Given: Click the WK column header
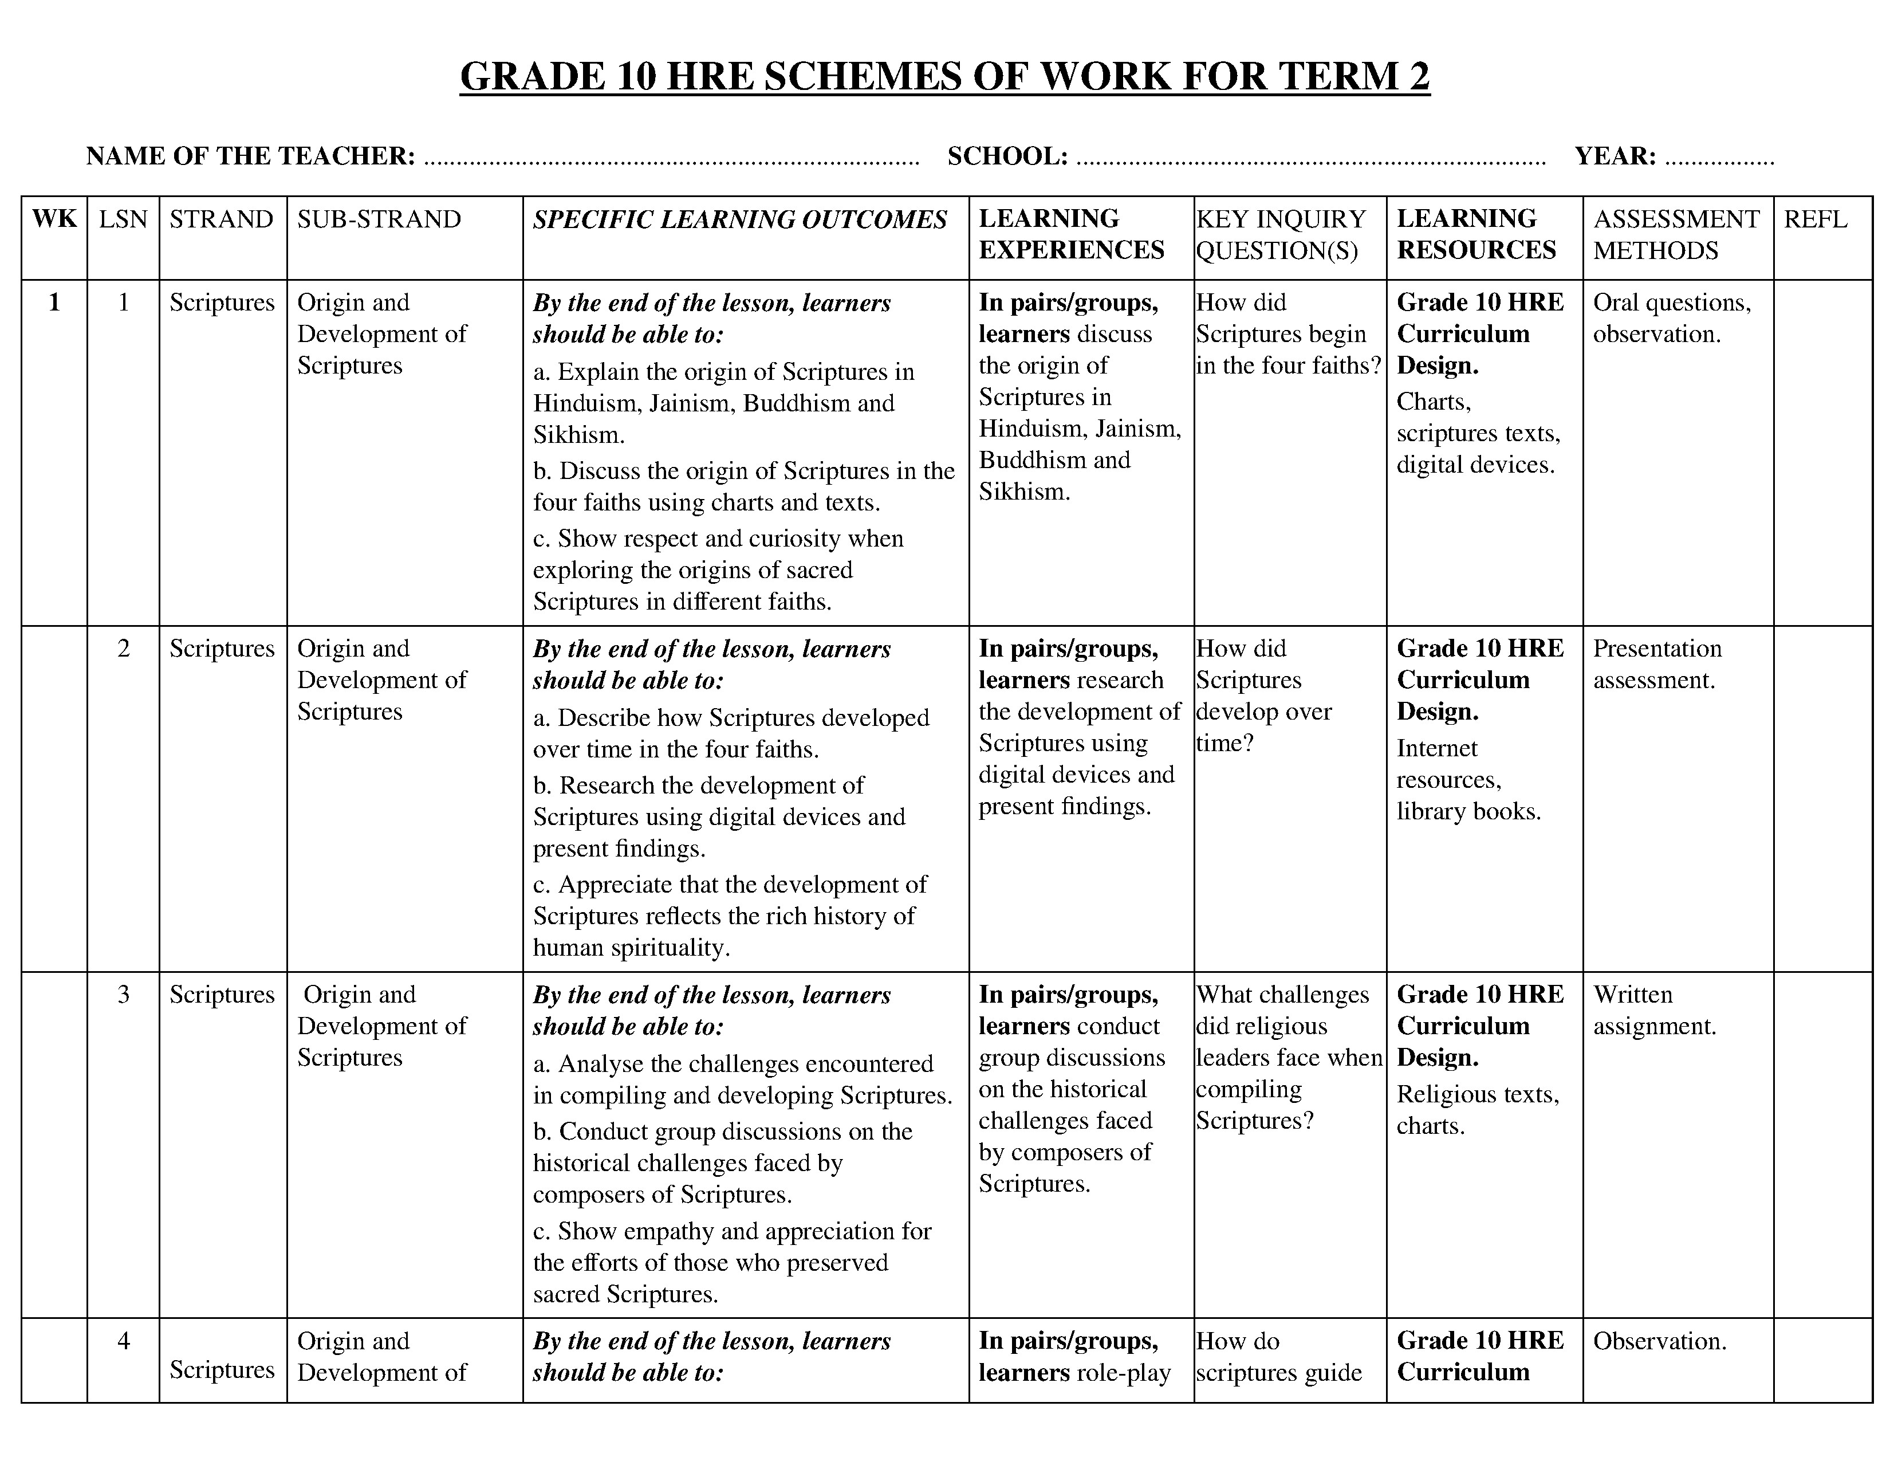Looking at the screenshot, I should pyautogui.click(x=54, y=219).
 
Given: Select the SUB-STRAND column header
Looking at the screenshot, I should pyautogui.click(x=379, y=219).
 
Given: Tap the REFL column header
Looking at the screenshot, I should pyautogui.click(x=1815, y=219).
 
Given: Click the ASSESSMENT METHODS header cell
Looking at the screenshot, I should pyautogui.click(x=1676, y=234).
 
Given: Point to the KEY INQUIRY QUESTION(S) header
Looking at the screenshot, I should pyautogui.click(x=1281, y=234).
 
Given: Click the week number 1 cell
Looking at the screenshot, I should pyautogui.click(x=54, y=302).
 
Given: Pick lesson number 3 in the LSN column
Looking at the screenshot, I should pyautogui.click(x=124, y=995).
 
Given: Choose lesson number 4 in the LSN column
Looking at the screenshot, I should pyautogui.click(x=124, y=1341).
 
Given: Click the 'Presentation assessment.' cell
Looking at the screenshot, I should pyautogui.click(x=1657, y=664).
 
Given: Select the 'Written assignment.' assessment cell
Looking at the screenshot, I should pyautogui.click(x=1654, y=1010).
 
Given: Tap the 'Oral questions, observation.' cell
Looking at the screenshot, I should pyautogui.click(x=1671, y=317).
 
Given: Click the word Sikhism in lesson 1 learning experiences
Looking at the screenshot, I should pyautogui.click(x=1024, y=492).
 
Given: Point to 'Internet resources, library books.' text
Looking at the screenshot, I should pyautogui.click(x=1468, y=780).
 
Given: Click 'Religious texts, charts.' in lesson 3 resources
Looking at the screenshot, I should pyautogui.click(x=1476, y=1110).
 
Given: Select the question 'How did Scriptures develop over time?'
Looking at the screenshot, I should pyautogui.click(x=1263, y=695).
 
